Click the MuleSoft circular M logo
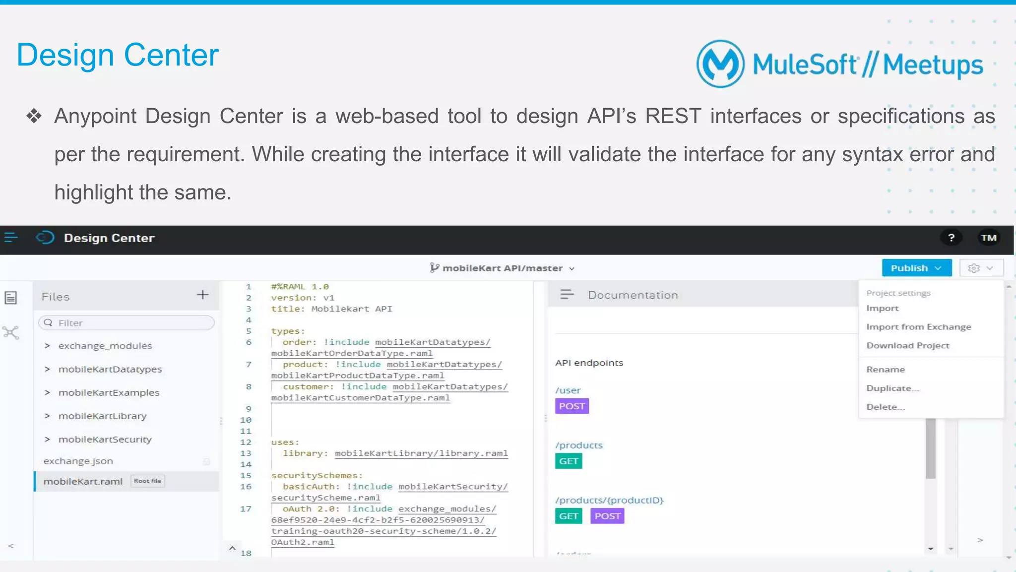[720, 64]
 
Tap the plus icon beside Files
[202, 295]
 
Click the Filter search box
[127, 323]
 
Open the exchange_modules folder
[105, 346]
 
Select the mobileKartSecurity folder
[105, 440]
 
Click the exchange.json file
[78, 461]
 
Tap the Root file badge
[147, 481]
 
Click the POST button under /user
[571, 406]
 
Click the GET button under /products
[568, 461]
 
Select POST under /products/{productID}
[607, 516]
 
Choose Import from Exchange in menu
[918, 327]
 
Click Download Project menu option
[907, 346]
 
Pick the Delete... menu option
[886, 407]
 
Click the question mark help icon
[951, 238]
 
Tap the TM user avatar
[988, 238]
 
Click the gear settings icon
[974, 268]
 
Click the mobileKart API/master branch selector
[502, 268]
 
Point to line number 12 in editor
[246, 442]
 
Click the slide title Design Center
[118, 55]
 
